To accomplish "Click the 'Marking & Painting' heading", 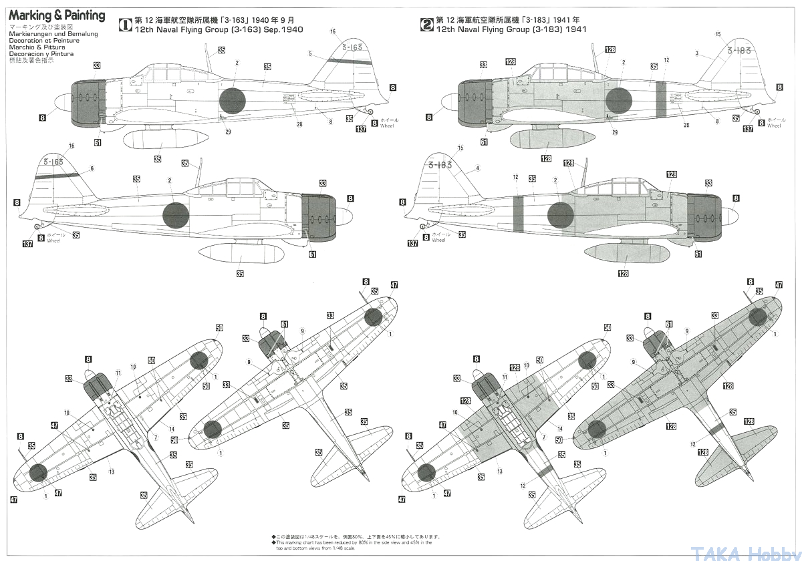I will point(57,15).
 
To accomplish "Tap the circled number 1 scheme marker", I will point(125,25).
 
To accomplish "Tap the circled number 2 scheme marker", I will point(426,25).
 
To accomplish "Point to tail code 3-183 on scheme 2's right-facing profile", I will point(440,164).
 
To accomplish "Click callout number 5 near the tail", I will point(310,53).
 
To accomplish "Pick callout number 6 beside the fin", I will point(92,168).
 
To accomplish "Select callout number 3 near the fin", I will point(696,53).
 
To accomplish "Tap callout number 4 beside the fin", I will point(478,168).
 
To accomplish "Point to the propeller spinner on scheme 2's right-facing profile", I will point(729,214).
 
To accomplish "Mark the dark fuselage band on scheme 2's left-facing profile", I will point(661,98).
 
